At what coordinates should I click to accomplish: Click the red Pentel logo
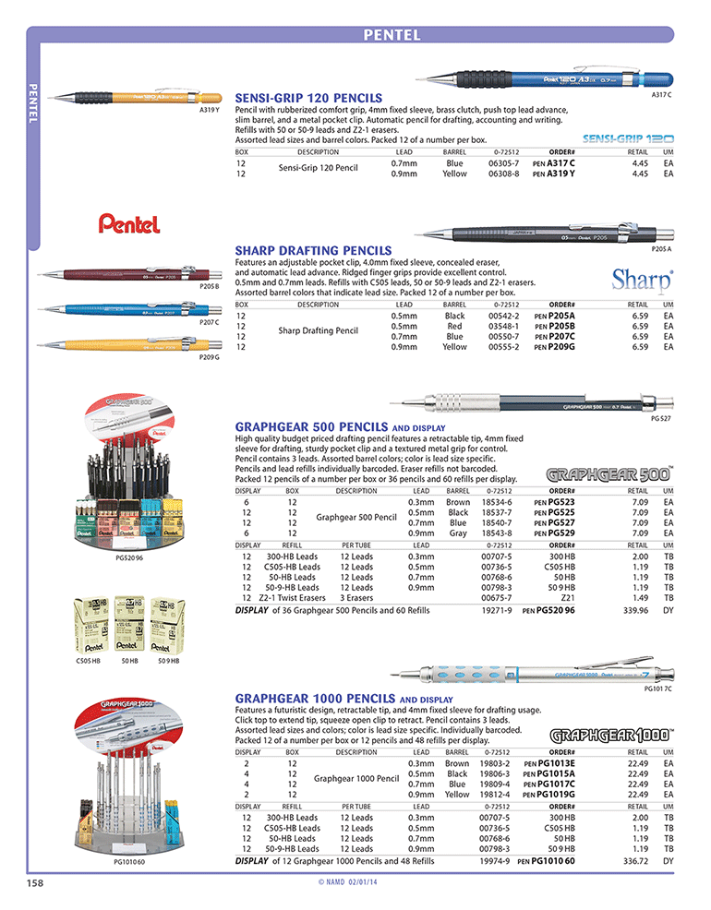pyautogui.click(x=130, y=222)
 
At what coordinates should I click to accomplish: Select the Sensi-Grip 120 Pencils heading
pyautogui.click(x=308, y=97)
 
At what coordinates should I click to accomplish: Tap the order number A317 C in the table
pyautogui.click(x=560, y=162)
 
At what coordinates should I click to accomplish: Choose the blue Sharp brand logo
pyautogui.click(x=643, y=278)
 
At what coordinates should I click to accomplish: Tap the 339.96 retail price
pyautogui.click(x=633, y=610)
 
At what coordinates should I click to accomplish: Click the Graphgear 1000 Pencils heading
pyautogui.click(x=316, y=699)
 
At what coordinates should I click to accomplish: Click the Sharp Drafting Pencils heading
pyautogui.click(x=314, y=250)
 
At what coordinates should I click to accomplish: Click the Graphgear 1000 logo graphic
pyautogui.click(x=611, y=736)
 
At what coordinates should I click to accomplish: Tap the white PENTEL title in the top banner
pyautogui.click(x=392, y=35)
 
